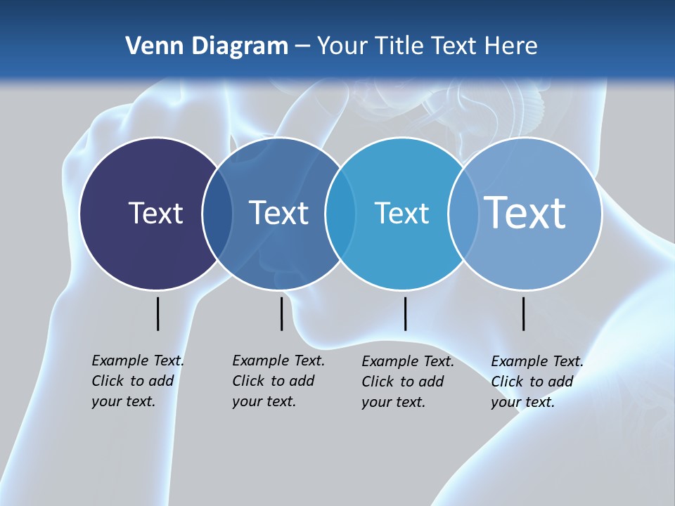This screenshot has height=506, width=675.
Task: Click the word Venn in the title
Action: click(x=149, y=46)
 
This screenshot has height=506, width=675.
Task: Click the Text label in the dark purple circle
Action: click(x=155, y=213)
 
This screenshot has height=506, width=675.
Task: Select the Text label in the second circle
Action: click(x=278, y=213)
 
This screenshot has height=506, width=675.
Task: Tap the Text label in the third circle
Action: click(x=401, y=213)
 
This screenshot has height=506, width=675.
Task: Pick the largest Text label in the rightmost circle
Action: click(x=525, y=212)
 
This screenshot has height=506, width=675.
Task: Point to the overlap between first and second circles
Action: click(x=217, y=214)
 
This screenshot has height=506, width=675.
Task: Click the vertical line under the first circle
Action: click(x=157, y=313)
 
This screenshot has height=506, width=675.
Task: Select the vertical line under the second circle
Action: click(x=281, y=313)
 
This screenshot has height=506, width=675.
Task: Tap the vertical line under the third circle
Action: click(x=405, y=313)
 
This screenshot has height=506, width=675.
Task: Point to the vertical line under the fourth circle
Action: click(x=523, y=313)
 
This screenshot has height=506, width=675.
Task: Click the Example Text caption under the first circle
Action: click(x=137, y=381)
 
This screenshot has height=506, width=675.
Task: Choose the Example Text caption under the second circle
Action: click(x=278, y=381)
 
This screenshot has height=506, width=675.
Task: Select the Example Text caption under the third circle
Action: click(x=407, y=382)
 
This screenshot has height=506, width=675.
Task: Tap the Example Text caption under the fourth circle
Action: click(x=536, y=382)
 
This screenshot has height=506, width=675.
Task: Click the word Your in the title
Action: click(x=343, y=46)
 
